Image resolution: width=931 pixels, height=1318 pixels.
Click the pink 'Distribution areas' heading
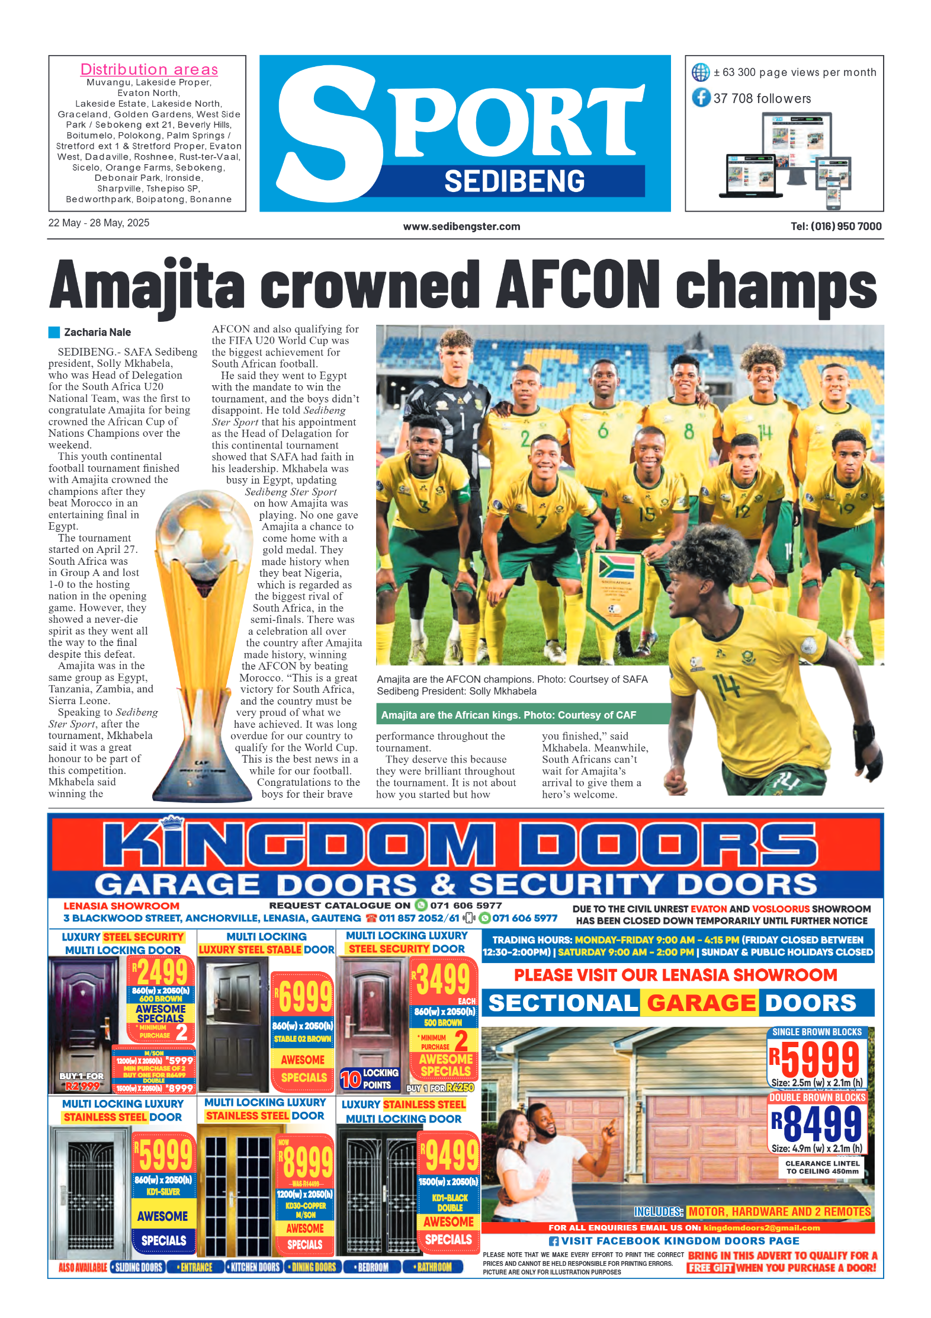point(149,69)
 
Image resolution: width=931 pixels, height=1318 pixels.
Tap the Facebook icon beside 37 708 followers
point(701,97)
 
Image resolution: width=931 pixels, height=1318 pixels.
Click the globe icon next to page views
point(701,72)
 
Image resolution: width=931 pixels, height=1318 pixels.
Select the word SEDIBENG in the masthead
point(514,181)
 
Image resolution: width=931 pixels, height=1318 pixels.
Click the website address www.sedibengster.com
point(461,226)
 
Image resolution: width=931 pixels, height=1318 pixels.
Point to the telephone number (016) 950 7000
point(846,226)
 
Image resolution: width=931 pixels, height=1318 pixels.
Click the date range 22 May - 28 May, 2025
point(99,223)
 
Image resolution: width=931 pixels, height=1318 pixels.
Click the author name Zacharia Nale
point(97,332)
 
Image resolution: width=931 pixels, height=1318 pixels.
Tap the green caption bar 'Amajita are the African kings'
point(508,715)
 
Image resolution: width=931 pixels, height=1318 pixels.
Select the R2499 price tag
point(159,972)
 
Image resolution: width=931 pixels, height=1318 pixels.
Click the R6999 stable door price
point(303,996)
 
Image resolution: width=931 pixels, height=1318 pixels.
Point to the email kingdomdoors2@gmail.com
point(761,1228)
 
